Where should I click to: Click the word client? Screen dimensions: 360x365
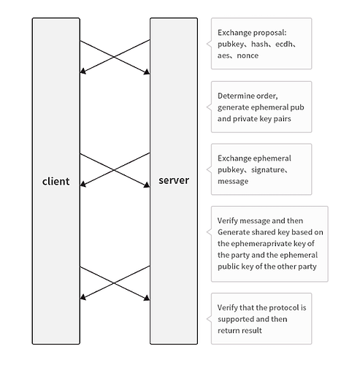point(55,181)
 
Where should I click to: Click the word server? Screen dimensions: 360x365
point(174,180)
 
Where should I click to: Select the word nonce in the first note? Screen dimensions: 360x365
point(248,55)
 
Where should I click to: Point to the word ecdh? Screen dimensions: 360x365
point(283,44)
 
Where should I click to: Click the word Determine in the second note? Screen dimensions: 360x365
point(233,96)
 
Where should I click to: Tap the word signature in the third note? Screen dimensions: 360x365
point(267,169)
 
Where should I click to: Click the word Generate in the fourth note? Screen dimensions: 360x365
point(232,232)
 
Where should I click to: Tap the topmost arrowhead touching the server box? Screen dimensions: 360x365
point(147,72)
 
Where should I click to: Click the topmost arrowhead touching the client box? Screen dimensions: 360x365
point(83,71)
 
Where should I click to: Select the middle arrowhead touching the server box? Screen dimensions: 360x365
point(147,185)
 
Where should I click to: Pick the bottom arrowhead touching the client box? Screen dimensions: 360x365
point(83,297)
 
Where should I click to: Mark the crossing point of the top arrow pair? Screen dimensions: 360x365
point(114,57)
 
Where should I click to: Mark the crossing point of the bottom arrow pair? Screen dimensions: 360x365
point(114,283)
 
